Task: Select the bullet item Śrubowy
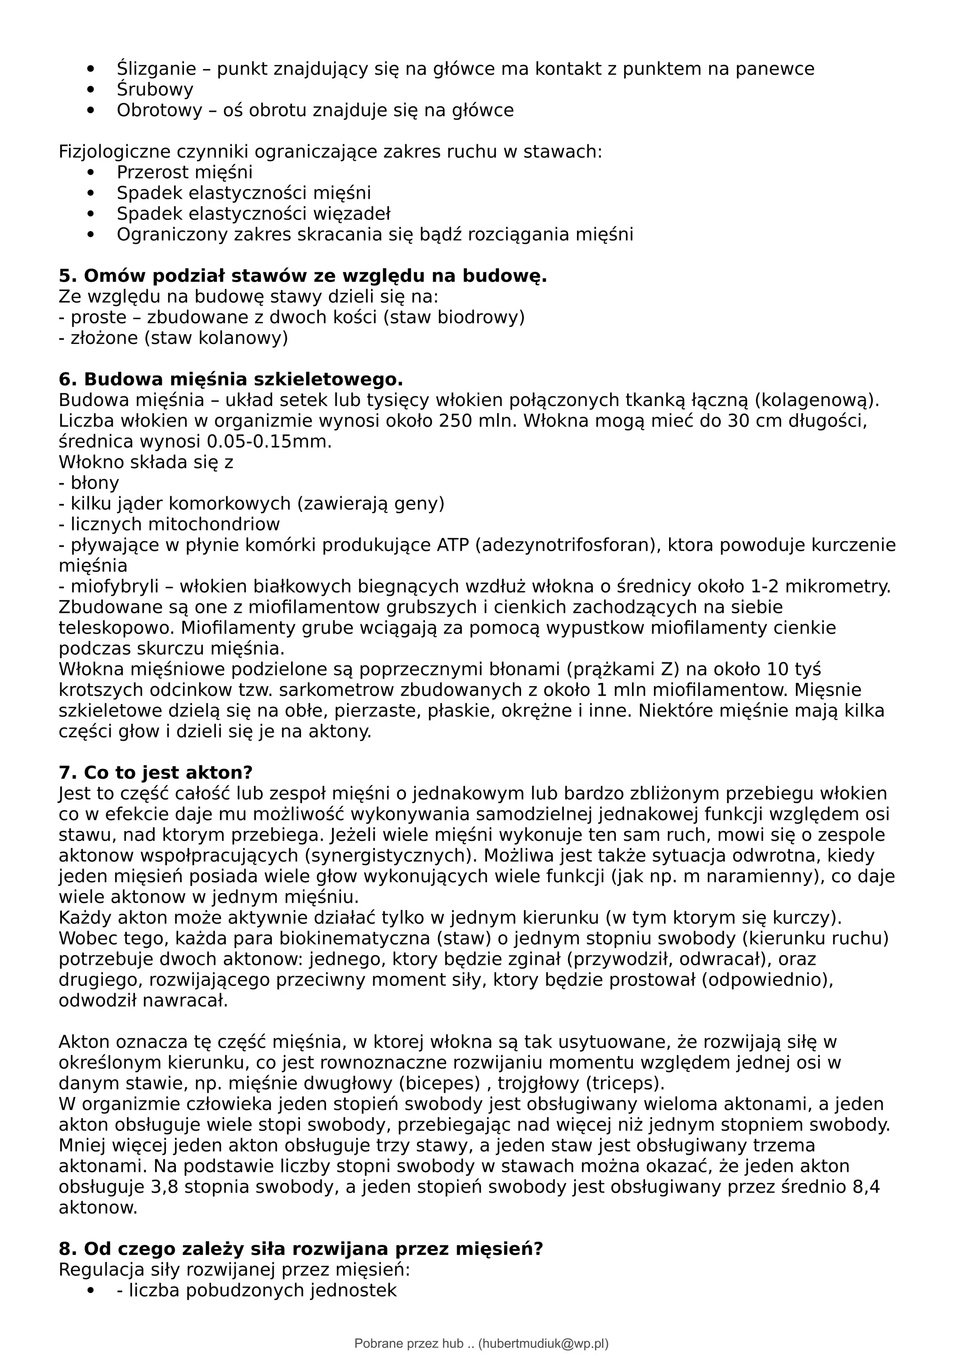pos(155,90)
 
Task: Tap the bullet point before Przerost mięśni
pos(91,172)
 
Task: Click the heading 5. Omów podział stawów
pos(303,276)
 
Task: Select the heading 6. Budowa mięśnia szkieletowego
pos(231,380)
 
